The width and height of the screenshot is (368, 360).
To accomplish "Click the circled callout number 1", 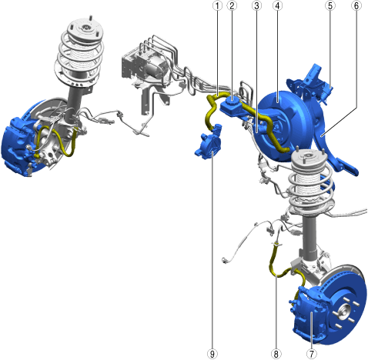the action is [x=218, y=5].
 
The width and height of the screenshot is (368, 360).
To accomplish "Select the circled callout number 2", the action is [x=232, y=5].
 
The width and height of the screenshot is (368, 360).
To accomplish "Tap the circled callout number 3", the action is [x=256, y=5].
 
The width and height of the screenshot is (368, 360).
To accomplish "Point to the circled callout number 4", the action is [x=277, y=5].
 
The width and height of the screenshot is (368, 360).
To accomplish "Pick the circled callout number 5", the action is [x=330, y=5].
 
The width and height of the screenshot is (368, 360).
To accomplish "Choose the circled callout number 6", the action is [x=356, y=5].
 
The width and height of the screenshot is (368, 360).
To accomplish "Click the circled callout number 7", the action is [x=312, y=354].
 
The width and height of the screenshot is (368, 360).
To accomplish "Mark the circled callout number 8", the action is [x=276, y=354].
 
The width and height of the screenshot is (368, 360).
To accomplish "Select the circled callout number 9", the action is [x=212, y=354].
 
